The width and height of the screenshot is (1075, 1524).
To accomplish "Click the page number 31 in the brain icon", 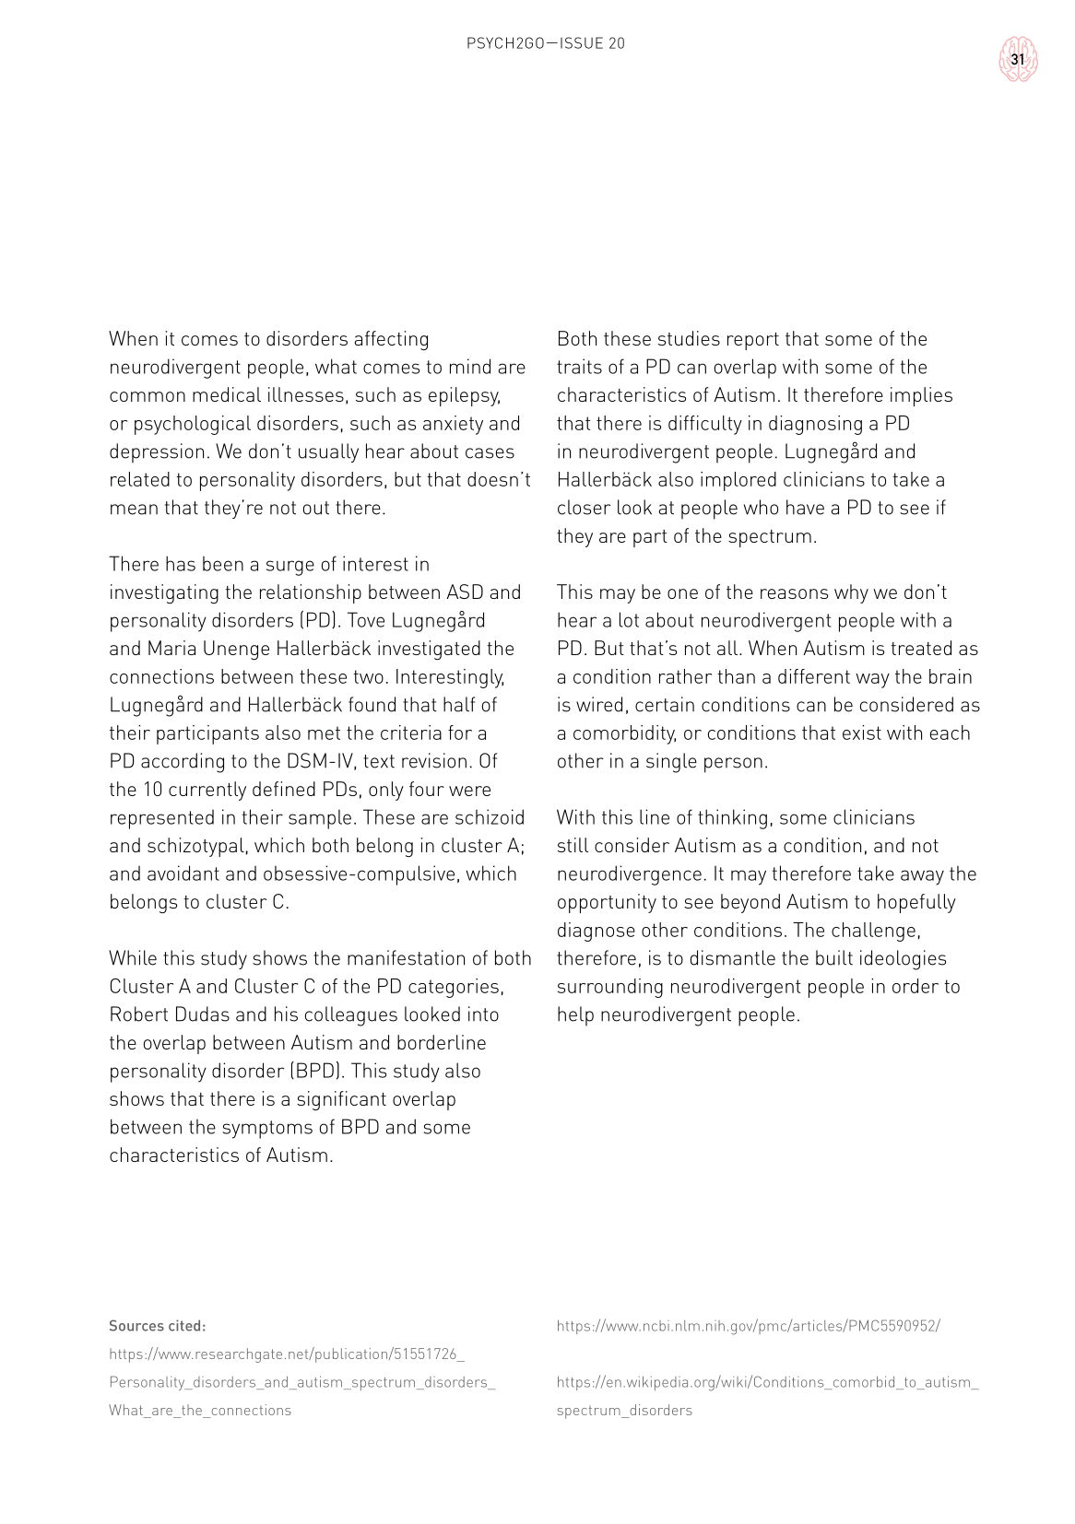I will [1018, 59].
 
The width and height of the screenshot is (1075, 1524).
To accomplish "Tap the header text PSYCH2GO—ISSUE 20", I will [546, 43].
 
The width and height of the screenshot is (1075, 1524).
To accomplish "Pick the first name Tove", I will [369, 620].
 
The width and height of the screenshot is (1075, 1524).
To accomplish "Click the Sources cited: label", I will [157, 1326].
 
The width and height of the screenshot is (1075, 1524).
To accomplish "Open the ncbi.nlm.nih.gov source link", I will [748, 1326].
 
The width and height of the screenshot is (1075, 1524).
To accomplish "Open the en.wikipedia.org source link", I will [767, 1382].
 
